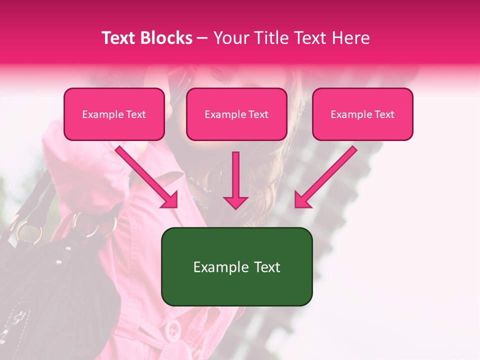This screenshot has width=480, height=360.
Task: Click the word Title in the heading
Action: pos(268,38)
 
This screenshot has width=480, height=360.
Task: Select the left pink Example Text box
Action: pos(114,114)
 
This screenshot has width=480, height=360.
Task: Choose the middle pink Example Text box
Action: pos(236,114)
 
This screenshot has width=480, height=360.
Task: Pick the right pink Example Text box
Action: pos(362,114)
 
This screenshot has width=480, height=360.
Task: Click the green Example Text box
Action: pos(236,267)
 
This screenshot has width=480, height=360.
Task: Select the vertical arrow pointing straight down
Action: pos(235,180)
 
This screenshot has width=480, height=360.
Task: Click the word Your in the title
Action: pos(229,38)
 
